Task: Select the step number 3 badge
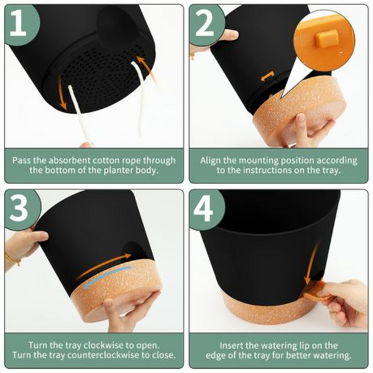(x=21, y=209)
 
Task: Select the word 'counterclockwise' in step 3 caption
(x=103, y=355)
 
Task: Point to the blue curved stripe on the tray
(x=108, y=277)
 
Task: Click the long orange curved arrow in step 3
(x=103, y=265)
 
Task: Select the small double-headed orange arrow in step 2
(x=267, y=76)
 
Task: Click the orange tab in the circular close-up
(x=327, y=39)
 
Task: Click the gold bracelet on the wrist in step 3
(x=13, y=259)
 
